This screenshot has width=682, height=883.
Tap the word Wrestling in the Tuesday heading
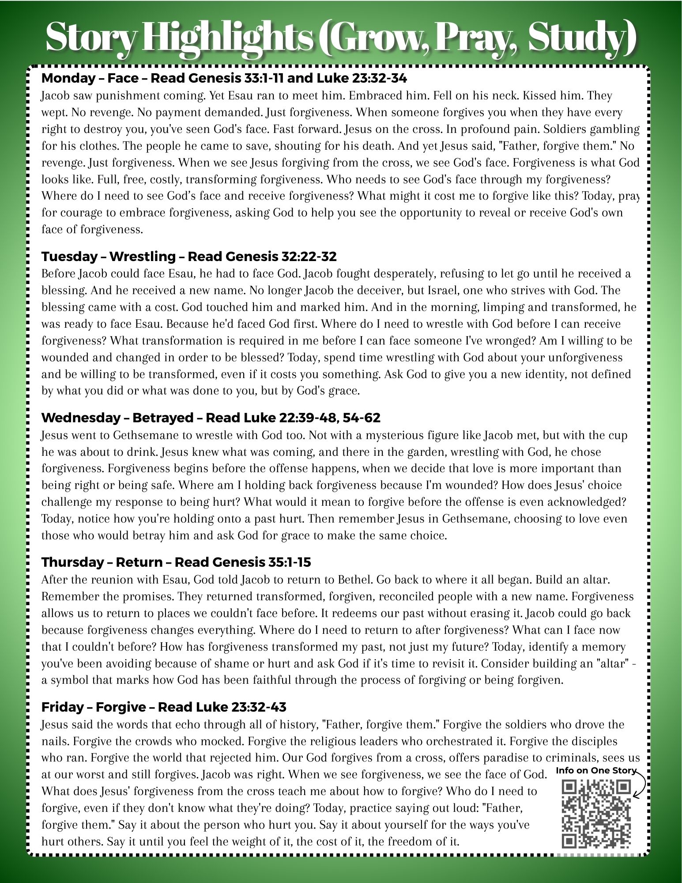coord(143,257)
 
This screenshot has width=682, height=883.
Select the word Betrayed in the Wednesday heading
coord(163,418)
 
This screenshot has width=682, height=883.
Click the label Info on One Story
coord(596,770)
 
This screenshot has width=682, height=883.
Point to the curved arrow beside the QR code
coord(641,784)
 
